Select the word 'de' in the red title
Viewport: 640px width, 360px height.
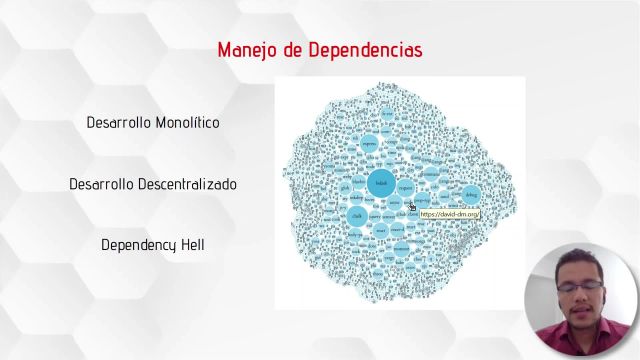[x=292, y=50]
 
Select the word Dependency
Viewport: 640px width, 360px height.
[x=134, y=244]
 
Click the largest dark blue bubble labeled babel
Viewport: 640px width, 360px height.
[x=380, y=184]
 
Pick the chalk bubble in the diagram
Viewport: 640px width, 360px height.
[x=357, y=215]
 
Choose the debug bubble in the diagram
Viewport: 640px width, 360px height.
[x=471, y=195]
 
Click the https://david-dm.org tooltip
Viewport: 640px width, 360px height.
[x=449, y=214]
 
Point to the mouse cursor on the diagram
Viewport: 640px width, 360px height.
[x=411, y=206]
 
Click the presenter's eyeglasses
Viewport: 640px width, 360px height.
[x=579, y=284]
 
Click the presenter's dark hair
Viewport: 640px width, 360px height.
[x=578, y=257]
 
